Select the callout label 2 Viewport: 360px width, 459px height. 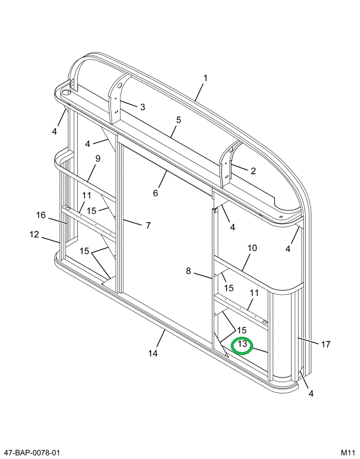(x=253, y=171)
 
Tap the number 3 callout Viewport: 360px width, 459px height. (x=142, y=107)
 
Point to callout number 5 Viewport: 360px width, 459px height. (x=178, y=120)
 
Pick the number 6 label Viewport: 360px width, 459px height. (x=156, y=193)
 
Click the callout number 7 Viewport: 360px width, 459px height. (x=148, y=225)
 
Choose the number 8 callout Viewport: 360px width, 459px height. (x=189, y=271)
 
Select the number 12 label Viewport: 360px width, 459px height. (x=34, y=235)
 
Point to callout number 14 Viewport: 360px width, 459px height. (x=152, y=354)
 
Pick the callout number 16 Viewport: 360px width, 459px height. (x=40, y=215)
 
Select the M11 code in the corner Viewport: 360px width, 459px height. (x=348, y=453)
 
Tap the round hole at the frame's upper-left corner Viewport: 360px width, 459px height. (x=65, y=92)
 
